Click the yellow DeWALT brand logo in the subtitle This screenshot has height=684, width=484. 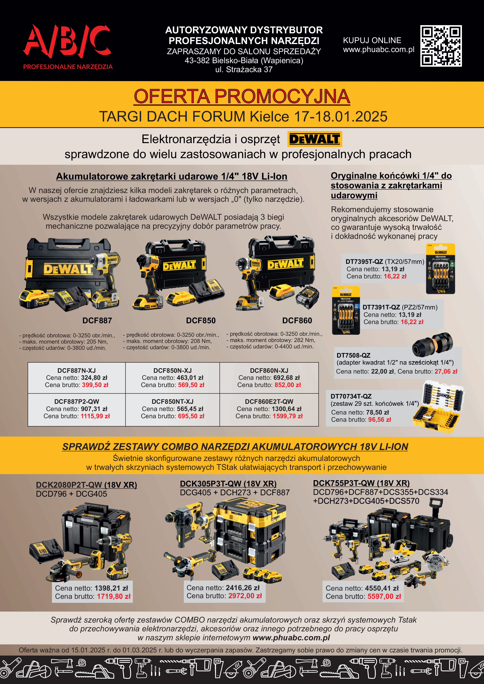pyautogui.click(x=315, y=139)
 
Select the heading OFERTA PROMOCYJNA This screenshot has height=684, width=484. pyautogui.click(x=242, y=96)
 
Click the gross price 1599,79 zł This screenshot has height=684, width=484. pyautogui.click(x=287, y=416)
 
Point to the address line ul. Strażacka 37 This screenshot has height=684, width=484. pyautogui.click(x=244, y=69)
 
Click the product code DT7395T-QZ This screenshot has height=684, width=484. pyautogui.click(x=364, y=261)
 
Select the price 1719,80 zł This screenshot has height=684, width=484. pyautogui.click(x=114, y=596)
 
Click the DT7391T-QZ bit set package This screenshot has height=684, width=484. pyautogui.click(x=346, y=310)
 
